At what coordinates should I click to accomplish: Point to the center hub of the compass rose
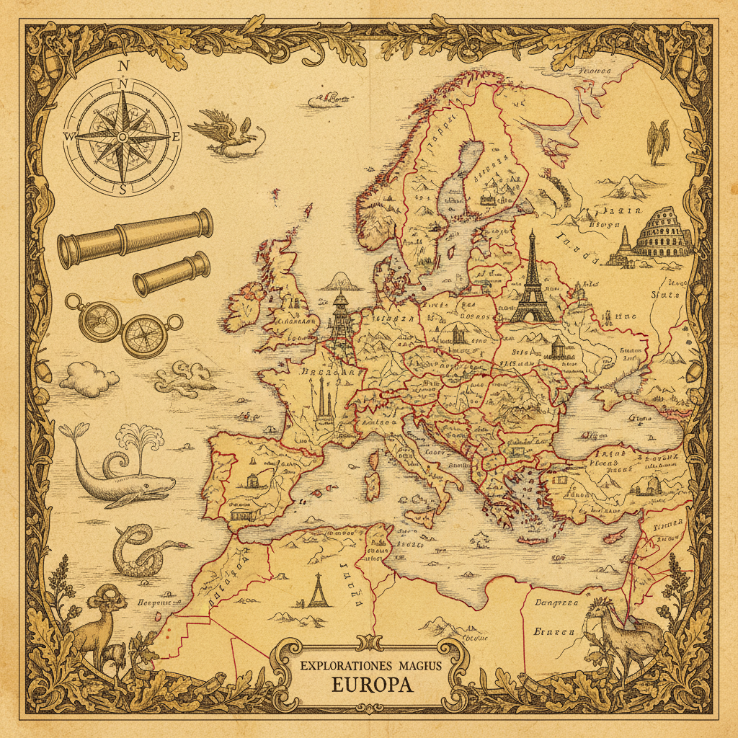tap(123, 136)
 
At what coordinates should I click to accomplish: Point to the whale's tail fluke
tap(70, 432)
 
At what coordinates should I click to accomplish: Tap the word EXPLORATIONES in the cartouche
tap(341, 661)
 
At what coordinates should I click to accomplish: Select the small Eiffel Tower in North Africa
tap(317, 590)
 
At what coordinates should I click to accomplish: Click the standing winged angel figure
tap(657, 142)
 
